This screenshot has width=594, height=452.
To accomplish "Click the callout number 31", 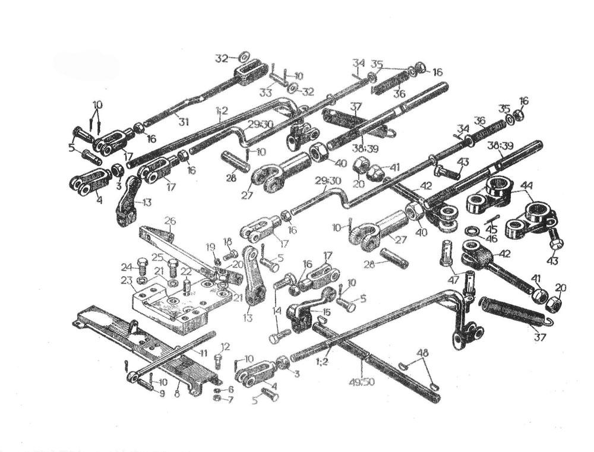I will click(184, 122).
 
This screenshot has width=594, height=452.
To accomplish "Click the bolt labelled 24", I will click(143, 263).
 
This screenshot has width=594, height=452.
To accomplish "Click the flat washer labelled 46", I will click(475, 230).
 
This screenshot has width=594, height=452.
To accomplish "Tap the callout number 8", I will click(176, 393).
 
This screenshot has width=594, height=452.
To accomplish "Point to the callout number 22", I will click(186, 271).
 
